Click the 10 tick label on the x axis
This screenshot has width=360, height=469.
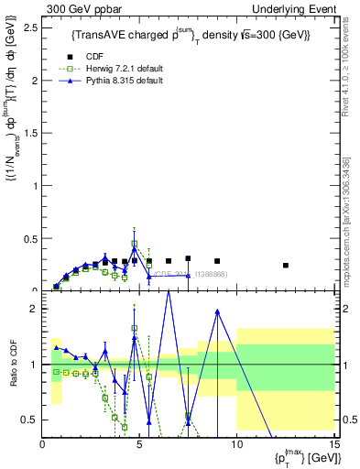(x=236, y=444)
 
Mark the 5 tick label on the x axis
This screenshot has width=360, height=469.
(x=139, y=444)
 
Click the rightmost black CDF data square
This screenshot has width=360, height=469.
(x=286, y=266)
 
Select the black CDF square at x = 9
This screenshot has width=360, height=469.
(x=217, y=261)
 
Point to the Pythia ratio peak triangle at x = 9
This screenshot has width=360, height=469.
(x=217, y=311)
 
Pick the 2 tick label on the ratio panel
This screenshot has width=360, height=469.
(x=34, y=309)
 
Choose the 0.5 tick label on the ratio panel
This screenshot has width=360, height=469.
(x=30, y=419)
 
